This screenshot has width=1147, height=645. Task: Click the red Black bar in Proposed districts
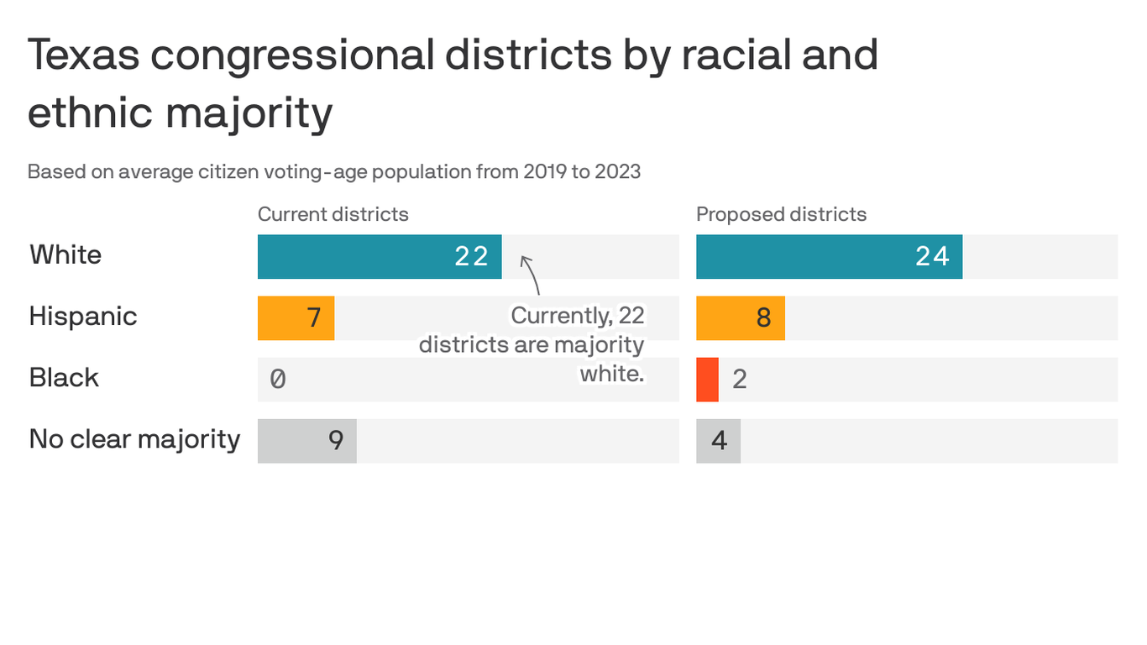click(707, 380)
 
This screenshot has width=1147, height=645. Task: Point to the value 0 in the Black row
click(278, 380)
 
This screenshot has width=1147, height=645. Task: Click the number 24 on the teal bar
click(932, 256)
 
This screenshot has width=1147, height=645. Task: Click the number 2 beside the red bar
click(740, 380)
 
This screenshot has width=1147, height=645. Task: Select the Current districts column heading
click(333, 214)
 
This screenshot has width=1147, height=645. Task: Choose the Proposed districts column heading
click(781, 214)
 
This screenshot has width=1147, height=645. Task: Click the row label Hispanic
click(82, 317)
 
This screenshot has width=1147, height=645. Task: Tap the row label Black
click(64, 378)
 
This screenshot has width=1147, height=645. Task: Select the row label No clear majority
click(134, 439)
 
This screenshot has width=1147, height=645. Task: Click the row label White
click(65, 254)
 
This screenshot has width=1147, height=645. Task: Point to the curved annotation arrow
click(532, 274)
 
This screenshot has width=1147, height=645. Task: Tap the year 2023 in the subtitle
click(617, 172)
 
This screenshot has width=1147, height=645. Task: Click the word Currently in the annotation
click(559, 316)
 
